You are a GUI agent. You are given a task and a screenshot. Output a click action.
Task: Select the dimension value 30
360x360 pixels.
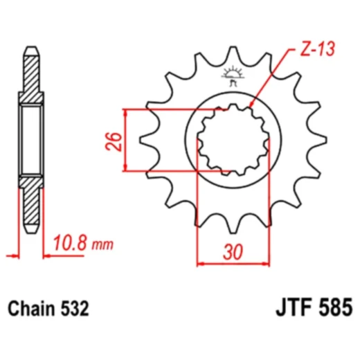(233, 253)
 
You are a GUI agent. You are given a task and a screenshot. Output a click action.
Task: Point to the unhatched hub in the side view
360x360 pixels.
(31, 138)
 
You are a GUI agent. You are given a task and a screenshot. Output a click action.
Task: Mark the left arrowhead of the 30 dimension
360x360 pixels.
(201, 263)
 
